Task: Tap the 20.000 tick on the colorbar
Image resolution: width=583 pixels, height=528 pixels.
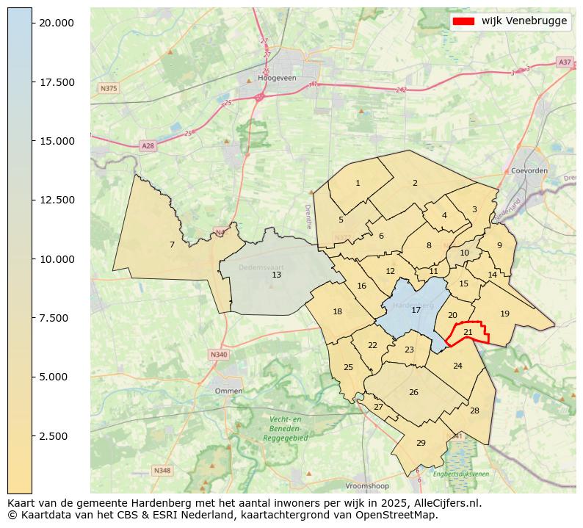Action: point(57,23)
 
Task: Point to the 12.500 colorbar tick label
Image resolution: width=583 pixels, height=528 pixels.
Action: point(57,200)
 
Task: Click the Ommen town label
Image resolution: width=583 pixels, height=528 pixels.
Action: point(228,391)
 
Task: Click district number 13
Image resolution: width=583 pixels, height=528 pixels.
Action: point(276,275)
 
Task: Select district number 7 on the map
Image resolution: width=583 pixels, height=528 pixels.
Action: point(172,245)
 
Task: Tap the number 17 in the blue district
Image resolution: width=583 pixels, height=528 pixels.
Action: point(416,310)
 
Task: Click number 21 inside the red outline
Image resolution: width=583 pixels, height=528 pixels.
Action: point(468,332)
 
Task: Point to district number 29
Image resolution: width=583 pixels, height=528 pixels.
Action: point(421,443)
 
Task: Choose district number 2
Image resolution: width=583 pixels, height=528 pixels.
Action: point(415,183)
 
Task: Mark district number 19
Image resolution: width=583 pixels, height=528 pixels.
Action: point(504,314)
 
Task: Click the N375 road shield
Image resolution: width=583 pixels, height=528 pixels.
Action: point(108,88)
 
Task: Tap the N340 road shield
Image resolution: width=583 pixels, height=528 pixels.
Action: point(219,355)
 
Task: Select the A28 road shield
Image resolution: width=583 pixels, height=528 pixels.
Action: point(148,146)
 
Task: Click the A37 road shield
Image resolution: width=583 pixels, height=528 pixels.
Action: point(564,62)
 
